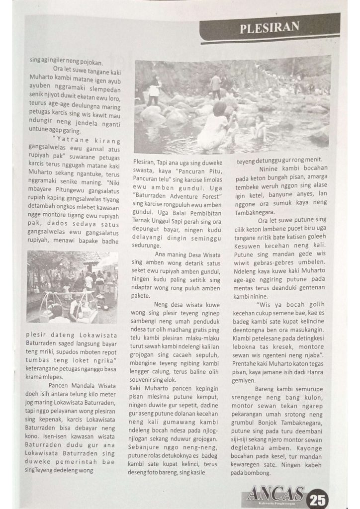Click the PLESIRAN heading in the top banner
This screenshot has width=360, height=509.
(270, 28)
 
